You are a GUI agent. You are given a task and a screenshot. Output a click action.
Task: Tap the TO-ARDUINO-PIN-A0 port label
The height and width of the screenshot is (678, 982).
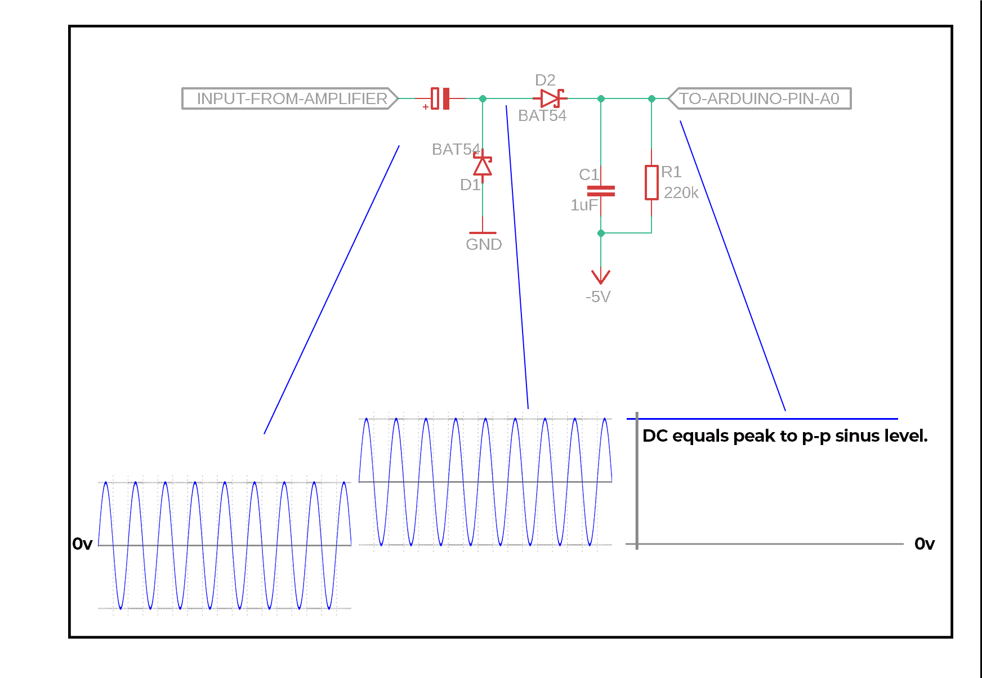(x=759, y=98)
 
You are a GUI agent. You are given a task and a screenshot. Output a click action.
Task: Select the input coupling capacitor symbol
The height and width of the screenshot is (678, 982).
(x=440, y=98)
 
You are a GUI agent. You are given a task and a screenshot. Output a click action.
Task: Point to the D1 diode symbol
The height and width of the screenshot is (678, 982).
(x=483, y=165)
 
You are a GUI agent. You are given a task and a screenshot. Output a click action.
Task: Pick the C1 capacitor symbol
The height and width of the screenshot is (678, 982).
(x=601, y=191)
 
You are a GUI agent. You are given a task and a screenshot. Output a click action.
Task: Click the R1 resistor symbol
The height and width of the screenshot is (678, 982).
(x=651, y=182)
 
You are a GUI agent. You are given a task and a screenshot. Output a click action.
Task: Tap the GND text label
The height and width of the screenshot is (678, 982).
(x=484, y=244)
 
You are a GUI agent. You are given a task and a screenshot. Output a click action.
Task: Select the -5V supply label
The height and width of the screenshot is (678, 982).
(x=598, y=297)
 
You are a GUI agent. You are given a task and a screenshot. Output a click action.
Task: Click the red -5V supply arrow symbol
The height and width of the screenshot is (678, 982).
(x=601, y=276)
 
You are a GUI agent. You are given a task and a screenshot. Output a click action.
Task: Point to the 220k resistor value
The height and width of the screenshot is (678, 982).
(x=681, y=193)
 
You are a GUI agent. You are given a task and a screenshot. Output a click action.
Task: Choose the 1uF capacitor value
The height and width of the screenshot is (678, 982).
(x=584, y=205)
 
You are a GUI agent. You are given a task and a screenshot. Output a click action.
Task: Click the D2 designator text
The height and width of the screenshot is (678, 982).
(x=545, y=80)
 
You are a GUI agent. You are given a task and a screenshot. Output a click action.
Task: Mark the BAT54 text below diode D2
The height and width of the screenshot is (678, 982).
(x=542, y=115)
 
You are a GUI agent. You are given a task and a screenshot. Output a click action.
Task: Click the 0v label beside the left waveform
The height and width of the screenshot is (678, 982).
(x=82, y=544)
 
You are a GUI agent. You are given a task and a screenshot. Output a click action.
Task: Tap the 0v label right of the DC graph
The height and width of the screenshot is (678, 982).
(x=925, y=544)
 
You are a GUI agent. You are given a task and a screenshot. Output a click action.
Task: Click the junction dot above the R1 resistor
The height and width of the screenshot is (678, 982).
(x=651, y=98)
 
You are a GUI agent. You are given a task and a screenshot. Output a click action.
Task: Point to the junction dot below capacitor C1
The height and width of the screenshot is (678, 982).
(x=601, y=233)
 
